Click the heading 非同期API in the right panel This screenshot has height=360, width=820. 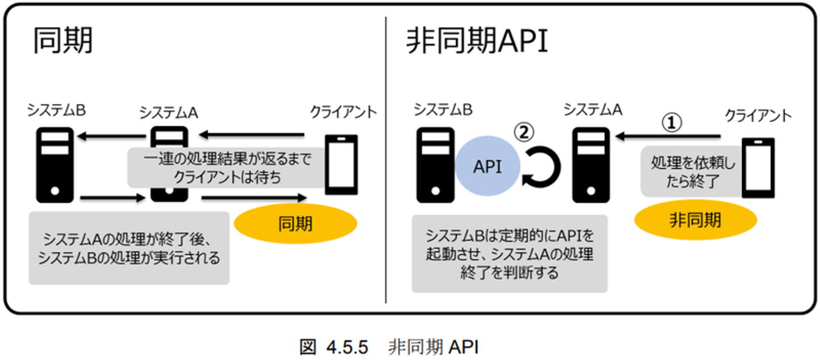coord(477,41)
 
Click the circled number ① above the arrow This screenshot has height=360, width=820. coord(671,121)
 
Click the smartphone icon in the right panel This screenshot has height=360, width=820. coord(758,168)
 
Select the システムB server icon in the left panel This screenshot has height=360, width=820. coord(55,165)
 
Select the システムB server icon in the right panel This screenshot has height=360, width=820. coord(436,165)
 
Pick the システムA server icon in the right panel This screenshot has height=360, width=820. coord(592,165)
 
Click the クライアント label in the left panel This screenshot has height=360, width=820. coord(343,112)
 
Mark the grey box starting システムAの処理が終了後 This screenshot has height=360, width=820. coord(129,248)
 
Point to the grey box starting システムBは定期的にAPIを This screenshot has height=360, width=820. coord(509,253)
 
